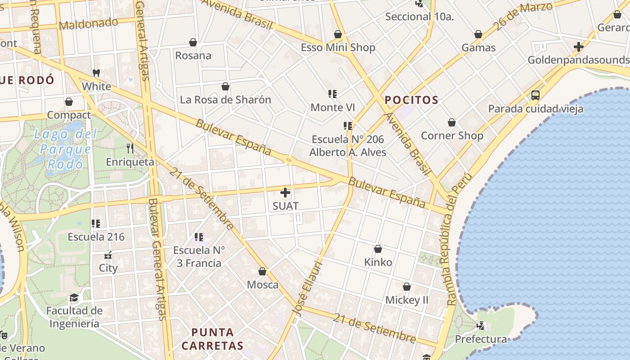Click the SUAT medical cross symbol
(285, 193)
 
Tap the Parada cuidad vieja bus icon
(535, 95)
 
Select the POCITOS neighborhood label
(411, 100)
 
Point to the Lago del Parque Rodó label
(66, 149)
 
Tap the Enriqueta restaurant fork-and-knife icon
(130, 148)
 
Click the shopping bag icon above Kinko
(378, 249)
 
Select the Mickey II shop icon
(406, 287)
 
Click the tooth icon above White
(96, 73)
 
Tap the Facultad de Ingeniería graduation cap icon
(74, 298)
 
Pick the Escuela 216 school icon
(95, 223)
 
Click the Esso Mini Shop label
(337, 48)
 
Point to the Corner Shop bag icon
(451, 122)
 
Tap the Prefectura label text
(481, 339)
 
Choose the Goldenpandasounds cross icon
(578, 47)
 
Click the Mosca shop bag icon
(262, 271)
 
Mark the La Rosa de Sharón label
(225, 100)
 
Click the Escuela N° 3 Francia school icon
(198, 237)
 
